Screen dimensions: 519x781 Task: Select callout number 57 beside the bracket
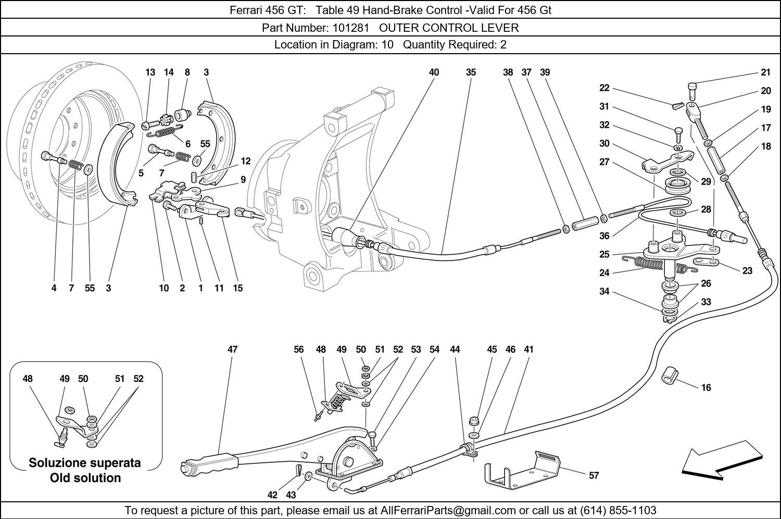click(x=594, y=475)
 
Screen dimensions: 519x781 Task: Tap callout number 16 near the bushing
click(x=706, y=388)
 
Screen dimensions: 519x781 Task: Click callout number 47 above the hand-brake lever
click(x=232, y=350)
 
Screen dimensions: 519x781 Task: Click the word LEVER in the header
click(x=501, y=28)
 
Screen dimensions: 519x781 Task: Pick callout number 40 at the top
click(x=434, y=72)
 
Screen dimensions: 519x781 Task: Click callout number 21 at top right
click(x=765, y=72)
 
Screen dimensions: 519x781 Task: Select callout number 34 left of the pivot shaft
click(x=604, y=291)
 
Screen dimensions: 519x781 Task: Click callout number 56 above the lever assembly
click(x=298, y=350)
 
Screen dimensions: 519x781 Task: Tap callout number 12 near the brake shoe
click(x=246, y=162)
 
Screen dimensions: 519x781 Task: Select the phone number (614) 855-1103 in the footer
click(x=618, y=510)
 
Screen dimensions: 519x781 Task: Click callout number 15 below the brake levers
click(x=237, y=288)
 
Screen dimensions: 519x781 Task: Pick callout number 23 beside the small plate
click(x=747, y=270)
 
